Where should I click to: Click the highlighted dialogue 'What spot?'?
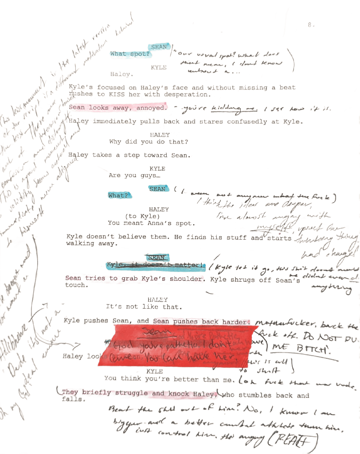point(130,54)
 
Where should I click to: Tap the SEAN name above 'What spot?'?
point(159,47)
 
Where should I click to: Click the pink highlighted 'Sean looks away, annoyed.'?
point(118,108)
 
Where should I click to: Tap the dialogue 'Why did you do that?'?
point(149,142)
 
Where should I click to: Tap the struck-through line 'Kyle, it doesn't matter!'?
point(156,265)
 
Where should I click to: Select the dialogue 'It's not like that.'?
point(143,307)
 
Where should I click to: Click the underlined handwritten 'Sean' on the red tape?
point(153,331)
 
